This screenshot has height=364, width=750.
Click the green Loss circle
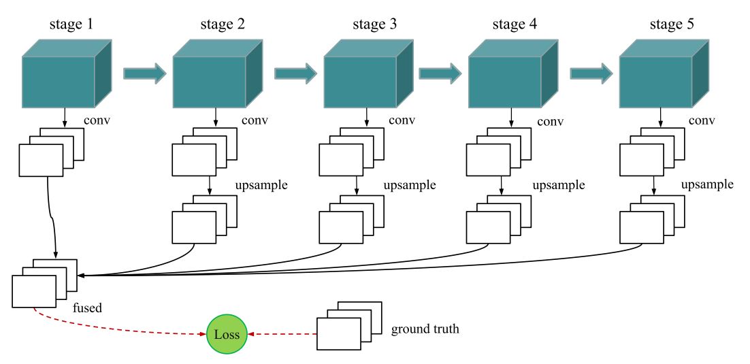pos(227,335)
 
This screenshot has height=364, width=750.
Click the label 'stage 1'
pos(71,25)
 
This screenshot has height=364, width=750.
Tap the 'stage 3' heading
pos(373,25)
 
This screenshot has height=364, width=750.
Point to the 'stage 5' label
pos(670,25)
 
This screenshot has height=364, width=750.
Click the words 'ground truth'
pos(425,330)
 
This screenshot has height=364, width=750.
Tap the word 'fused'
pos(87,308)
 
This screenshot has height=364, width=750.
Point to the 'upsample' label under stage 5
pos(707,184)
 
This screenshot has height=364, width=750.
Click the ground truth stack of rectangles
pos(346,326)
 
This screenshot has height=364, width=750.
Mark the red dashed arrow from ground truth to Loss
pos(282,335)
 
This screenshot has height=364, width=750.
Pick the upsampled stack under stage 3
pos(348,220)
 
